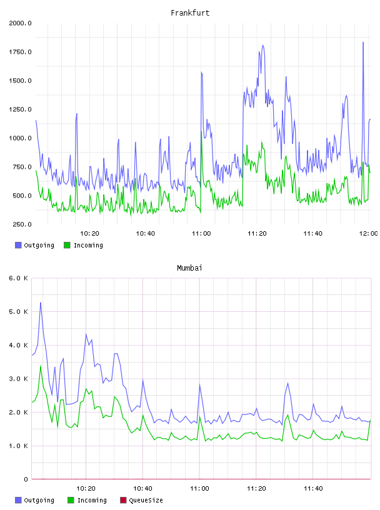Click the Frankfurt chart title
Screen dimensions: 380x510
pyautogui.click(x=190, y=13)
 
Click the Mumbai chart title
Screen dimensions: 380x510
pyautogui.click(x=189, y=268)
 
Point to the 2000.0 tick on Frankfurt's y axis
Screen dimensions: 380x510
pyautogui.click(x=20, y=23)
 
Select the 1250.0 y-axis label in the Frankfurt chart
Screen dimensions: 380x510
pyautogui.click(x=20, y=109)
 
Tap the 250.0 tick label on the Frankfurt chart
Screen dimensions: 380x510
pyautogui.click(x=22, y=224)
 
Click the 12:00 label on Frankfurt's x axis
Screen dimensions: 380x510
pyautogui.click(x=369, y=234)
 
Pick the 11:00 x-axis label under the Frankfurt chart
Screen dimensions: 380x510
pyautogui.click(x=201, y=234)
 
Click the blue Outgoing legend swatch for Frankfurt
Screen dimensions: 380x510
pyautogui.click(x=18, y=245)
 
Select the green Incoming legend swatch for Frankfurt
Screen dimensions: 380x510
pyautogui.click(x=67, y=245)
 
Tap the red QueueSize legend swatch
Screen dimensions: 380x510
pyautogui.click(x=123, y=500)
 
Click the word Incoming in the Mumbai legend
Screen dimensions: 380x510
pyautogui.click(x=92, y=500)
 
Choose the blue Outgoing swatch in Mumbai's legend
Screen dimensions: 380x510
pyautogui.click(x=18, y=500)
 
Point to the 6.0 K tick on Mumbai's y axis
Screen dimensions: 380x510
pyautogui.click(x=19, y=278)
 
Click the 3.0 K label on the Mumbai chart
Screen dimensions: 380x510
pyautogui.click(x=19, y=379)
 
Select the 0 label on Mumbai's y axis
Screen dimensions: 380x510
pyautogui.click(x=26, y=479)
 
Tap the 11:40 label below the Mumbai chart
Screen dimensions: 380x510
pyautogui.click(x=313, y=489)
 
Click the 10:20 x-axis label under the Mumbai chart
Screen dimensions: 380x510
pyautogui.click(x=86, y=489)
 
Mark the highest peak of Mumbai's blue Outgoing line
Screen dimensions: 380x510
pyautogui.click(x=41, y=302)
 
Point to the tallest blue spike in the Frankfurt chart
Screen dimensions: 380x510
pyautogui.click(x=363, y=42)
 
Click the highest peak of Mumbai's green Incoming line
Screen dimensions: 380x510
pyautogui.click(x=41, y=366)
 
